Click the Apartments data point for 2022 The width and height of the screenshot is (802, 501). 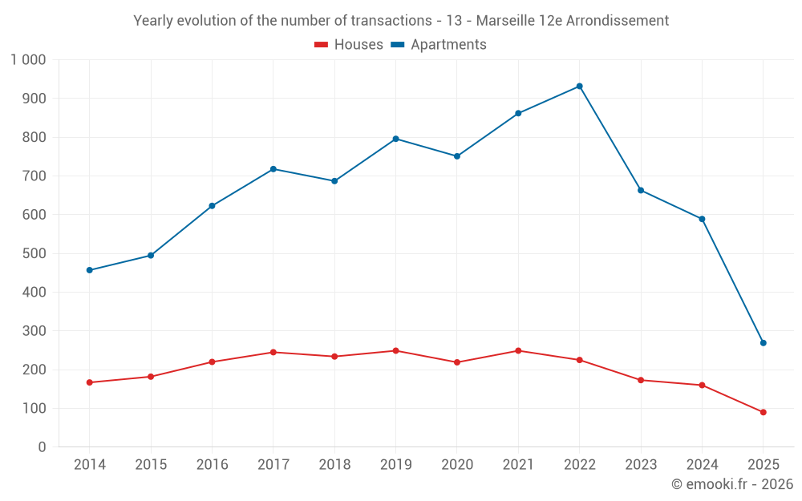[x=579, y=86]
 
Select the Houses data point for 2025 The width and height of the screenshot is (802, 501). [x=763, y=412]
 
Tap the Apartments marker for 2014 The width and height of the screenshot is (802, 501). [x=89, y=270]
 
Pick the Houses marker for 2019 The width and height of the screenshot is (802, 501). [x=395, y=350]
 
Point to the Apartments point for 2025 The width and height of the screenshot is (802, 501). [x=763, y=343]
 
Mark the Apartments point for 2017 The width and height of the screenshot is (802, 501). [x=273, y=169]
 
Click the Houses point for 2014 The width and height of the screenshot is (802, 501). [x=89, y=382]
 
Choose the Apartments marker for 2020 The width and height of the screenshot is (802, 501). [x=456, y=156]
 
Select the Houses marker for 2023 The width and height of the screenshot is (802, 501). [x=640, y=380]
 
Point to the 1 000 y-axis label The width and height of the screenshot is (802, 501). [x=28, y=60]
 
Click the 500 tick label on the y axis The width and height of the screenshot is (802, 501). [x=34, y=254]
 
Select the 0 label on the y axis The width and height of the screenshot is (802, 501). [x=42, y=447]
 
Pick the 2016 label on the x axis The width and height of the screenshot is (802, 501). [x=212, y=465]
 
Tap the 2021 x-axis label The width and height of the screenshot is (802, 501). [x=518, y=465]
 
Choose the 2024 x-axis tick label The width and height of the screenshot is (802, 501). [x=702, y=465]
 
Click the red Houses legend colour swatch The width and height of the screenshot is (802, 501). [x=322, y=45]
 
